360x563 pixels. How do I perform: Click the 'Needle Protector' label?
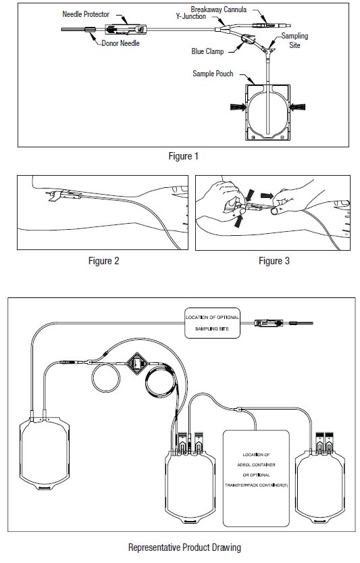coord(86,14)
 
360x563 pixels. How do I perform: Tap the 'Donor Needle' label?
coord(121,43)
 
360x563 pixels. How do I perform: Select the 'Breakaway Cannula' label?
coord(219,9)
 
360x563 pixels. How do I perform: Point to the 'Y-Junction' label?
coord(191,16)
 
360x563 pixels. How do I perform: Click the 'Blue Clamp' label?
coord(207,51)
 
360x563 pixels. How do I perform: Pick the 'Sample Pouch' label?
coord(213,74)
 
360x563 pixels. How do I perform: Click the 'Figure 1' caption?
coord(184,156)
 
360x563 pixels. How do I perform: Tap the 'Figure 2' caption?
coord(104,261)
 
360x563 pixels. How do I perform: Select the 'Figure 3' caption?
coord(274,261)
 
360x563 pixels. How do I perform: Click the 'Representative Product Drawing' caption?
coord(184,547)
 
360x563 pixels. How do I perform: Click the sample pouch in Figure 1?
coord(267,112)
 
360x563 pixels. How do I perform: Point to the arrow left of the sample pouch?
coord(238,107)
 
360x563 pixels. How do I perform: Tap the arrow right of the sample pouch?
coord(298,107)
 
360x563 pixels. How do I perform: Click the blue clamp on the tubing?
coord(248,39)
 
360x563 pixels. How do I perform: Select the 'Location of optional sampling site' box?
coord(212,323)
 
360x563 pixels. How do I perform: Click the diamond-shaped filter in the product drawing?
coord(136,364)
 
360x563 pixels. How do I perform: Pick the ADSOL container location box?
coord(256,479)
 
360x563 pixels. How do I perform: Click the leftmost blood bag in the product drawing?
coord(45,453)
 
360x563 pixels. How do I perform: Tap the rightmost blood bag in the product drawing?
coord(320,482)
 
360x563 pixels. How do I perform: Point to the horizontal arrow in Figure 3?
coord(267,196)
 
